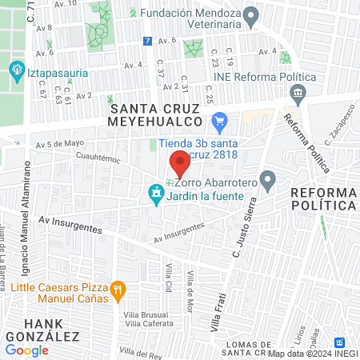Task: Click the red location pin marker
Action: tap(180, 162)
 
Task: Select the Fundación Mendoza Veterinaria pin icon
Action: tap(250, 14)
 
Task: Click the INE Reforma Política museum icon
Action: tap(298, 94)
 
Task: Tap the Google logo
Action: tap(27, 350)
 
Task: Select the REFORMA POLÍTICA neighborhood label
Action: tap(322, 199)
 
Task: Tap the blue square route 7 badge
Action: tap(146, 41)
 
